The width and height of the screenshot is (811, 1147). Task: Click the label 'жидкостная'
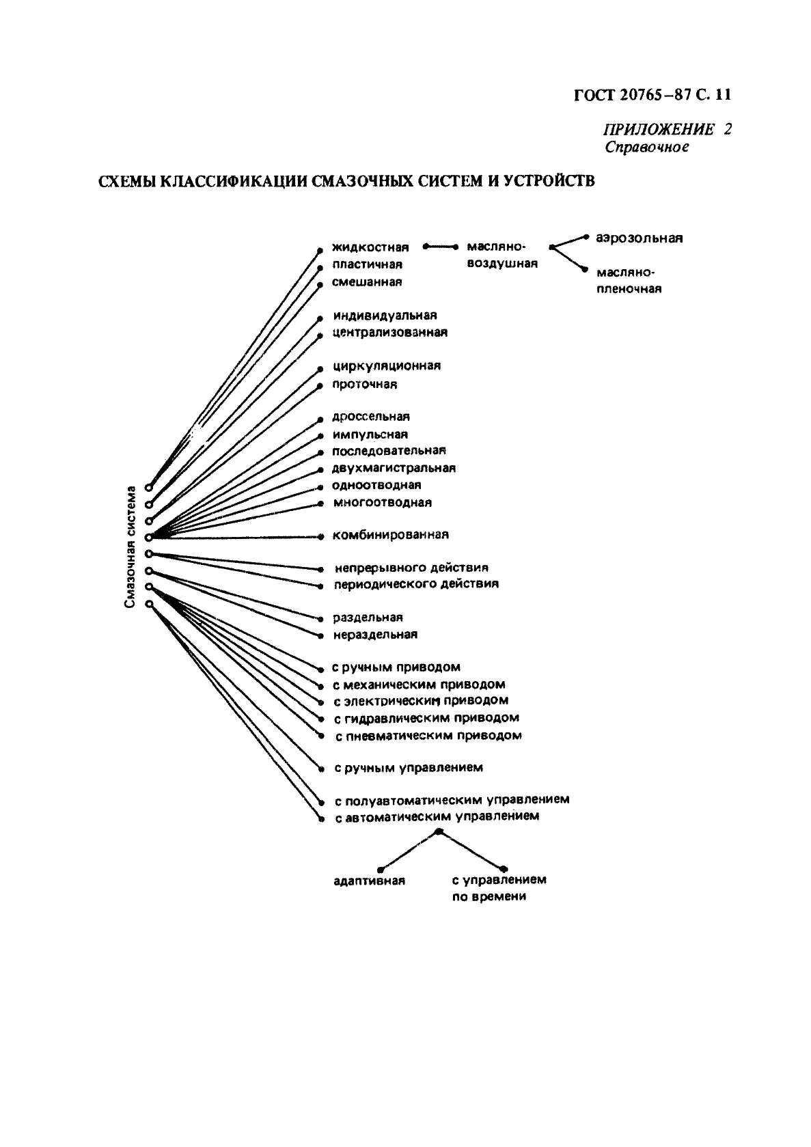tap(371, 248)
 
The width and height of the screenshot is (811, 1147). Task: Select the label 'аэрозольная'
tap(640, 238)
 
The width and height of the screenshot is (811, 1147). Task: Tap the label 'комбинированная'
tap(391, 535)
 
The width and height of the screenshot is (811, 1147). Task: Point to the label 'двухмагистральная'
tap(394, 468)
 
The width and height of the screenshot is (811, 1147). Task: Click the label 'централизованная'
tap(390, 332)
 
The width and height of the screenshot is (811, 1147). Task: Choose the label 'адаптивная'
tap(370, 881)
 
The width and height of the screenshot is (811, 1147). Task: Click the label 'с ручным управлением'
tap(409, 768)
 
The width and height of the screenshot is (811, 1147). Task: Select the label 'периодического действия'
tap(416, 584)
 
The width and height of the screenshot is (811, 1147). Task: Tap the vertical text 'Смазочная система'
tap(130, 547)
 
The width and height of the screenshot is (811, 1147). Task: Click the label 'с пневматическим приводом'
tap(428, 736)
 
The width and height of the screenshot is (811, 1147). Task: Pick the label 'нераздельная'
tap(375, 635)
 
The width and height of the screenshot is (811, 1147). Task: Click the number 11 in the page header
tap(722, 95)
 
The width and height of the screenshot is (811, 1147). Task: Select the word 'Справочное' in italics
tap(646, 148)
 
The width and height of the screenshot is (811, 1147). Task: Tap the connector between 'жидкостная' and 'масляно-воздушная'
tap(440, 247)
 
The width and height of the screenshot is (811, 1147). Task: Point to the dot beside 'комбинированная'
tap(321, 537)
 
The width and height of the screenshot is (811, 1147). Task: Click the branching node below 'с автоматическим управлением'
tap(438, 831)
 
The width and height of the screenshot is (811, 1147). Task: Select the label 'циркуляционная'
tap(387, 367)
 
